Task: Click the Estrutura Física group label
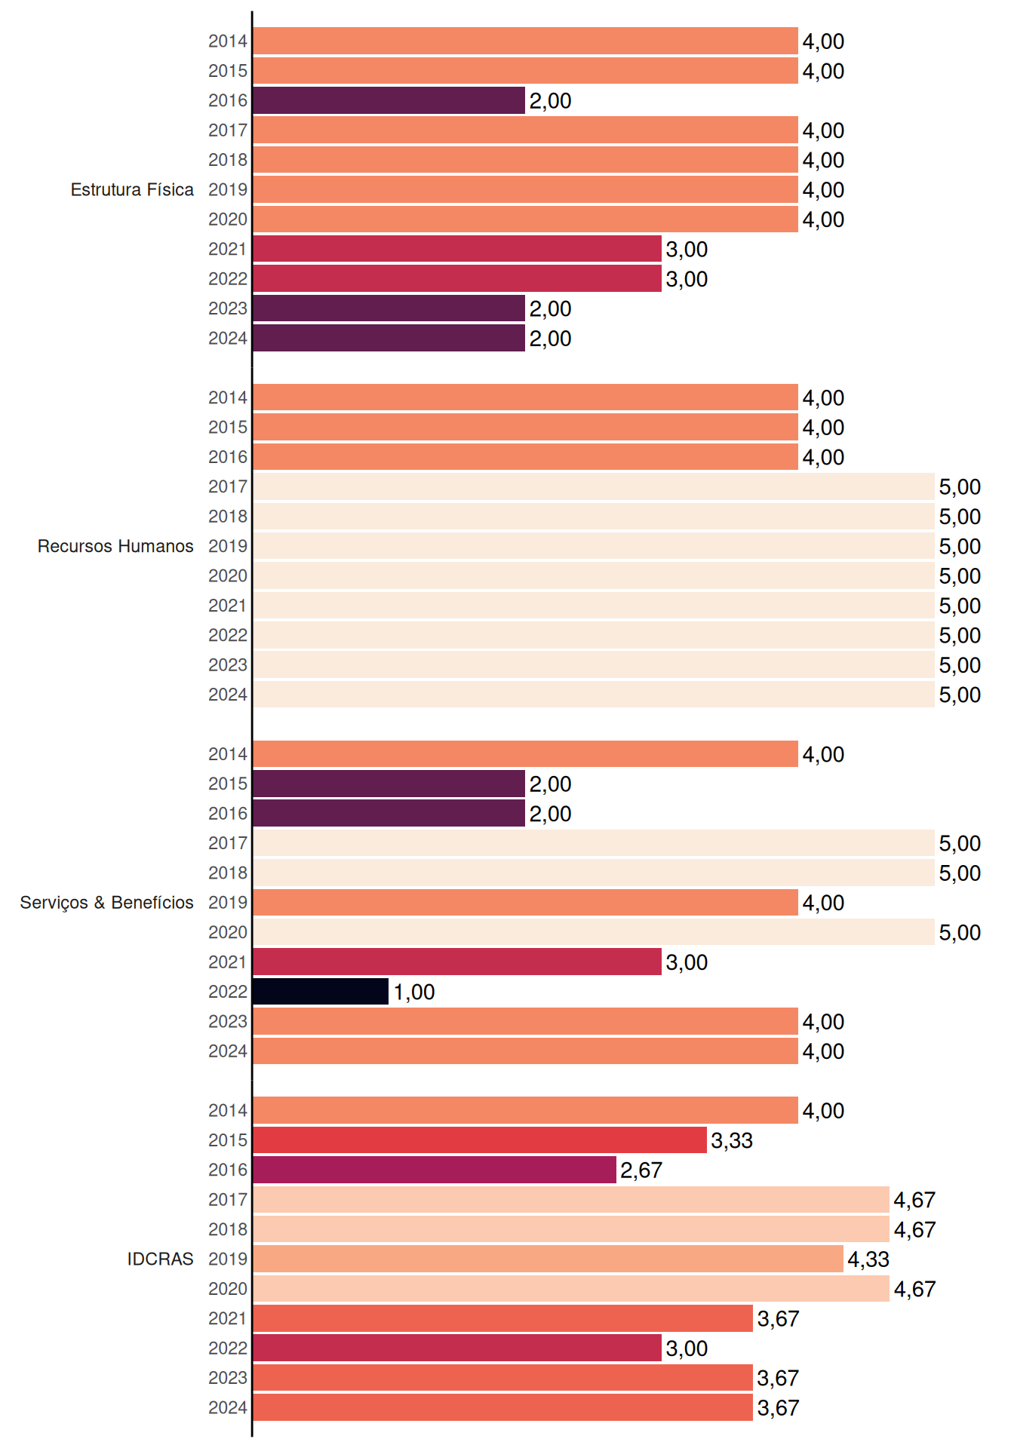click(x=132, y=189)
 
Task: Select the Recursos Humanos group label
click(x=115, y=546)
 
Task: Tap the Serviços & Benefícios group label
click(x=106, y=903)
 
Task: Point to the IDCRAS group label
click(x=160, y=1259)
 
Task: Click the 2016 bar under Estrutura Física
click(x=389, y=100)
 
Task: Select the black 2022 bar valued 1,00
click(x=321, y=992)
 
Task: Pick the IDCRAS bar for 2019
click(x=548, y=1259)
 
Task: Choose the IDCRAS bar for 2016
click(x=435, y=1170)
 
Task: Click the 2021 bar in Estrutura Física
click(x=457, y=249)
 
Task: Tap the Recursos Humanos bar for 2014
click(x=525, y=397)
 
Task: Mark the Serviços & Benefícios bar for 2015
click(x=389, y=784)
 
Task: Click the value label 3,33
click(x=732, y=1140)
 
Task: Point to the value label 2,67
click(x=641, y=1170)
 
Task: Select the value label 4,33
click(x=868, y=1259)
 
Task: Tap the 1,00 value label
click(x=414, y=992)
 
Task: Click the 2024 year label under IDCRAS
click(x=228, y=1407)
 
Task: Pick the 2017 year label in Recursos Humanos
click(x=228, y=486)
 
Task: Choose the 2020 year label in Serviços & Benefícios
click(x=228, y=932)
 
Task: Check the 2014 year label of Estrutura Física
click(x=228, y=41)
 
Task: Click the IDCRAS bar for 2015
click(x=480, y=1140)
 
